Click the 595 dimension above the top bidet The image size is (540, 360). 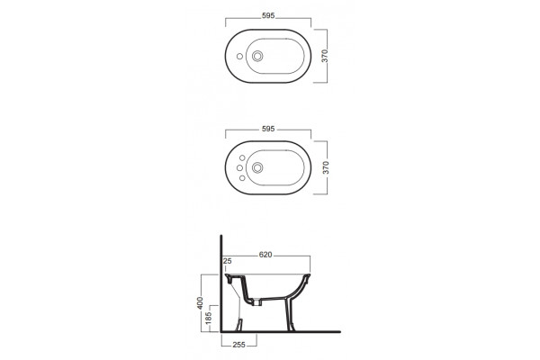point(268,16)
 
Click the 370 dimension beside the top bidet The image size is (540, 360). point(325,56)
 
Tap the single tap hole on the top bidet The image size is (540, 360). point(239,56)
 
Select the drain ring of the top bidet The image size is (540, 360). point(257,56)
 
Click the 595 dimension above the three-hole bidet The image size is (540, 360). point(268,129)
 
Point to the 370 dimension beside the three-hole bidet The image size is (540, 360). point(326,167)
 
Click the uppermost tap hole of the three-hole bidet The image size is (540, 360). point(242,157)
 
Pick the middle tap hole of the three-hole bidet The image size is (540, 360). point(239,167)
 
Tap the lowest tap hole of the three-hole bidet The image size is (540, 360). point(242,178)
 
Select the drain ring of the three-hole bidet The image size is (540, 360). point(257,167)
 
